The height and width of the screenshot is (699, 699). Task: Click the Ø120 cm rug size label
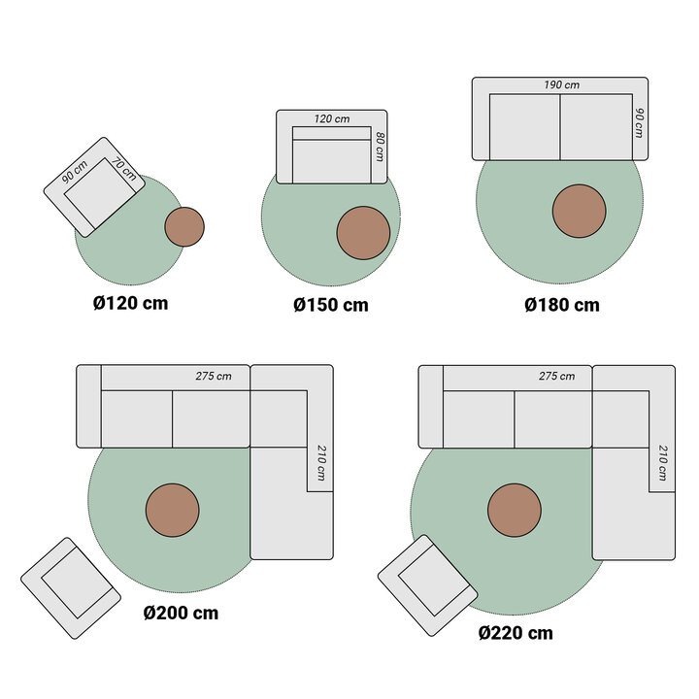pos(130,303)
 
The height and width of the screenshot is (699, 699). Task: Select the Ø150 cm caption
pos(331,305)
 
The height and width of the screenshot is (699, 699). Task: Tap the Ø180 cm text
pos(562,305)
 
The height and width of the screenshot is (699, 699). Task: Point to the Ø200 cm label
pos(181,613)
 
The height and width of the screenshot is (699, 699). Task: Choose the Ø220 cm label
pos(516,633)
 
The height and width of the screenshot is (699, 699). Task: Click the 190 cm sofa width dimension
pos(561,85)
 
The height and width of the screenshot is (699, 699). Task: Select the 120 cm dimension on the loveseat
pos(331,118)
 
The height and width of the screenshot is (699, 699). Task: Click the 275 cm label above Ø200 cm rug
pos(214,377)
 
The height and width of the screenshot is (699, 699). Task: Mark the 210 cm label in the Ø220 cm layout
pos(661,463)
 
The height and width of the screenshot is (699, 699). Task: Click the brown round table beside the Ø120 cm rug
pos(184,226)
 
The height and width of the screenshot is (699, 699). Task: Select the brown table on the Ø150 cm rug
pos(363,233)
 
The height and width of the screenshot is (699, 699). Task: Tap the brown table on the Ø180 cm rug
pos(580,211)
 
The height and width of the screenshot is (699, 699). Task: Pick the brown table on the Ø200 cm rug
pos(173,510)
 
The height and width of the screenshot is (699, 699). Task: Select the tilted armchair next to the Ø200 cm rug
pos(70,587)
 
